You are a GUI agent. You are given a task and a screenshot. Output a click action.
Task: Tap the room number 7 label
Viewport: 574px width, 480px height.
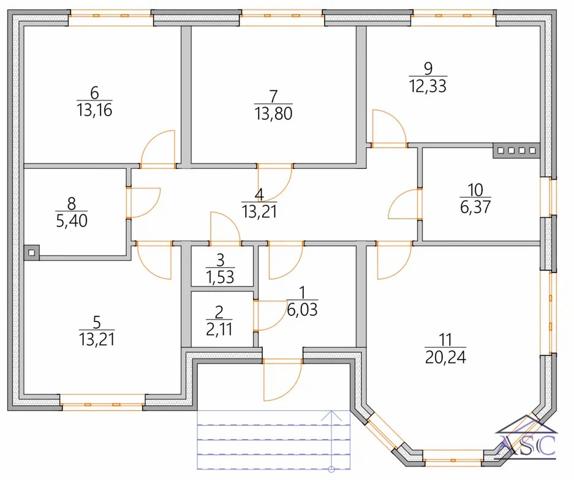pyautogui.click(x=273, y=96)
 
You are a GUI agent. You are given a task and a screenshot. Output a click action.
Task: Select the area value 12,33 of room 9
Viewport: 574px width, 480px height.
pyautogui.click(x=427, y=86)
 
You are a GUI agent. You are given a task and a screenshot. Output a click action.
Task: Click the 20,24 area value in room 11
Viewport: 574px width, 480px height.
pyautogui.click(x=445, y=357)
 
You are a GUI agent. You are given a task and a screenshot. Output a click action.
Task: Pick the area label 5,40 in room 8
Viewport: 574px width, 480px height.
pyautogui.click(x=70, y=220)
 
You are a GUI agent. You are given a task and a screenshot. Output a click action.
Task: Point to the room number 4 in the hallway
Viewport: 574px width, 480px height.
pyautogui.click(x=259, y=195)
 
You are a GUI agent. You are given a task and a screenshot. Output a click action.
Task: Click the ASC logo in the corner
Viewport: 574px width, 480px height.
pyautogui.click(x=527, y=441)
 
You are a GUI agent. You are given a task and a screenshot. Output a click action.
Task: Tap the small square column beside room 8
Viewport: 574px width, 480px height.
pyautogui.click(x=31, y=251)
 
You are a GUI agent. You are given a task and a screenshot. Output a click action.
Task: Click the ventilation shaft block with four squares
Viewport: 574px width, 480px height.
pyautogui.click(x=516, y=151)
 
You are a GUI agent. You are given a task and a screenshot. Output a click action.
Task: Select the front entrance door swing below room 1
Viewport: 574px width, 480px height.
pyautogui.click(x=281, y=380)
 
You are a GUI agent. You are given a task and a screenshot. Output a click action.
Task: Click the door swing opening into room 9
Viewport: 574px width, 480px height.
pyautogui.click(x=388, y=128)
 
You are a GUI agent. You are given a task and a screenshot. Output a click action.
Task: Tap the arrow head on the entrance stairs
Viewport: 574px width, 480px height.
pyautogui.click(x=331, y=414)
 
